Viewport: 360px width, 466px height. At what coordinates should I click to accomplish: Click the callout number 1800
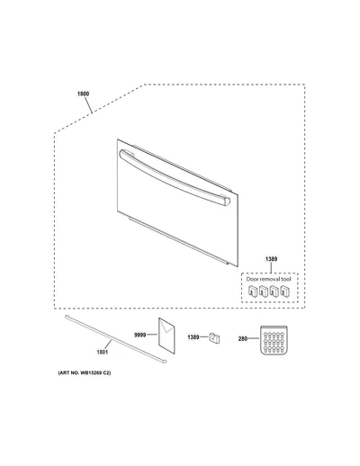click(83, 94)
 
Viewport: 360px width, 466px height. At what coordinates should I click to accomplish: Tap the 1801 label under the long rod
click(102, 352)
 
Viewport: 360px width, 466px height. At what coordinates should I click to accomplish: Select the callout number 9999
click(139, 335)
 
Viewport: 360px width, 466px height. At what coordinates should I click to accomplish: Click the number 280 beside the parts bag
click(243, 339)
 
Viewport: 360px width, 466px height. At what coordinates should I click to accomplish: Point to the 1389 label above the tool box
click(271, 259)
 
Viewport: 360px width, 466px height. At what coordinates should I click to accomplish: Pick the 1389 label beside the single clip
click(193, 337)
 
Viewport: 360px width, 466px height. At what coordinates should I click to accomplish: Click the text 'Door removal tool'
click(268, 279)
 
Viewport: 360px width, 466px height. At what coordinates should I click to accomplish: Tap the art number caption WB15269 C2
click(85, 373)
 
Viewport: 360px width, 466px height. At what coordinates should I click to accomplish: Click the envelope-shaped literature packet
click(166, 336)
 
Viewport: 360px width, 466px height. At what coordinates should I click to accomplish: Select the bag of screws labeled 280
click(274, 340)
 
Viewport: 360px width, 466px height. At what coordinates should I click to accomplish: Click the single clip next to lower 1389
click(214, 338)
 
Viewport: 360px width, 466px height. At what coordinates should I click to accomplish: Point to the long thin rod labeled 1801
click(115, 339)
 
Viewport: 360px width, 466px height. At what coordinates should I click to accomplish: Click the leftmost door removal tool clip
click(253, 291)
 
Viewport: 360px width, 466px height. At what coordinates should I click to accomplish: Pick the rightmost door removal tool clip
click(285, 291)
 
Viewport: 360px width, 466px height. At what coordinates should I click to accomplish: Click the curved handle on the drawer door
click(175, 178)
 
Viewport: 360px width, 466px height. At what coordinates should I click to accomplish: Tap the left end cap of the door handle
click(123, 153)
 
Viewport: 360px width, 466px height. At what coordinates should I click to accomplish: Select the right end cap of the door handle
click(225, 201)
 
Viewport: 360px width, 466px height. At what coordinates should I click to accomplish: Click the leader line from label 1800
click(88, 105)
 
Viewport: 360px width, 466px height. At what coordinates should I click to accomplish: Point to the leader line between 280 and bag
click(254, 338)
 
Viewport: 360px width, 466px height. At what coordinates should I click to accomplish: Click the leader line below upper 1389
click(271, 267)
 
